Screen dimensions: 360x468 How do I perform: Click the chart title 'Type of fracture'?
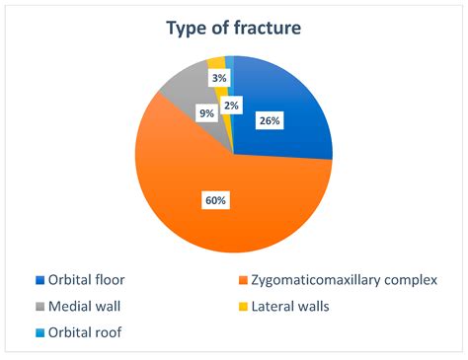pos(233,29)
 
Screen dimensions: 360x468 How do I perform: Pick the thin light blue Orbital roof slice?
pos(229,61)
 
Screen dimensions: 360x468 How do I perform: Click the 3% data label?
pos(217,76)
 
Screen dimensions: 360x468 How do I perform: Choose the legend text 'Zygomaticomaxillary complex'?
pos(343,281)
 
